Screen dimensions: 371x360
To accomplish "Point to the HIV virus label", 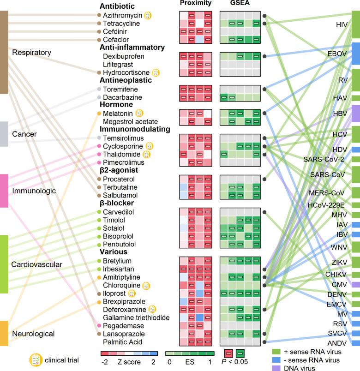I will click(342, 24).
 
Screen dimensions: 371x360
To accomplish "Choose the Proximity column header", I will click(196, 3).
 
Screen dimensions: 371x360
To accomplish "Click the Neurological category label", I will click(33, 333).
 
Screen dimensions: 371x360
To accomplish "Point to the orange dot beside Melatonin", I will click(99, 113).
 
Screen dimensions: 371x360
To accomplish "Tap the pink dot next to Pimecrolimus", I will click(99, 162).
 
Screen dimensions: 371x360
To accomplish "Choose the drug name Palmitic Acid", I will click(123, 342).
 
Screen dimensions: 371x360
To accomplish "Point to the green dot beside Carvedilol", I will click(99, 212).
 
